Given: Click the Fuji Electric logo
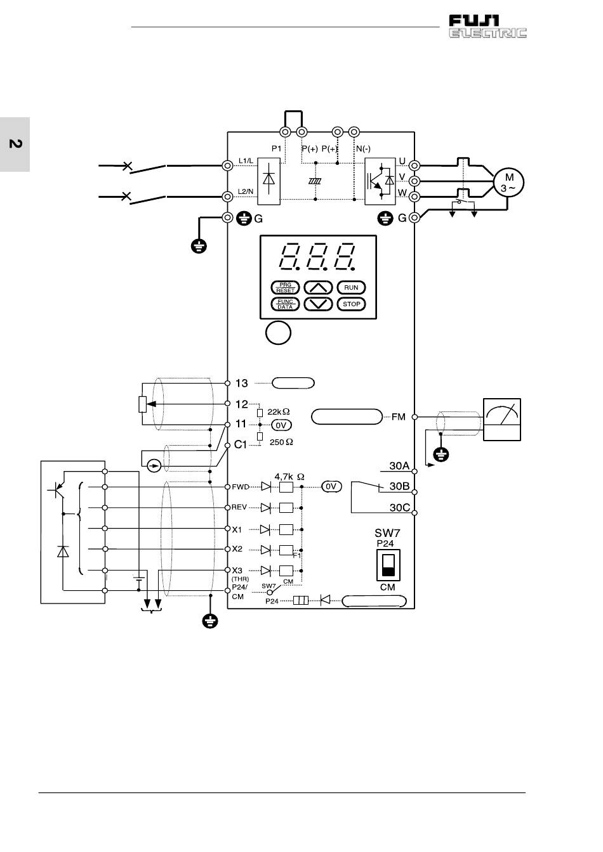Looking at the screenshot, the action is pos(487,26).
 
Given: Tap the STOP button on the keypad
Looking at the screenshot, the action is pos(351,304).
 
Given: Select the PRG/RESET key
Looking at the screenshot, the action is pos(285,288).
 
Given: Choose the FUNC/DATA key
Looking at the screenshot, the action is pos(285,304).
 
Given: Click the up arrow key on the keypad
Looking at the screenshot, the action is pos(318,288).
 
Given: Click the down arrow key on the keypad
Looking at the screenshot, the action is pos(318,304).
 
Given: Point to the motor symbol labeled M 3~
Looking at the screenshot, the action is pos(508,183).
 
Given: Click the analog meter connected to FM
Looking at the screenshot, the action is pos(501,420).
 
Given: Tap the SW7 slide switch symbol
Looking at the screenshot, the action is pos(388,565).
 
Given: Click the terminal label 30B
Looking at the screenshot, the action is pos(399,486).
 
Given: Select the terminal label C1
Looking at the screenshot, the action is pos(241,444).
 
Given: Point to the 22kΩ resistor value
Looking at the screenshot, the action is pos(279,412).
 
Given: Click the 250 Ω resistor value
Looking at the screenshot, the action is pos(281,442).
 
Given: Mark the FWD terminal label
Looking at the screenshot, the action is pos(240,487).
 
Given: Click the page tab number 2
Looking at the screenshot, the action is pos(15,144).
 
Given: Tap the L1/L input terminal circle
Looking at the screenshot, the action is pos(227,165).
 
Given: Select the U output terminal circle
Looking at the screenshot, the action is pos(414,165).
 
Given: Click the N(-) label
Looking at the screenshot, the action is pos(363,149).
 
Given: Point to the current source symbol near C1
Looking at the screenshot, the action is pos(154,465).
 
